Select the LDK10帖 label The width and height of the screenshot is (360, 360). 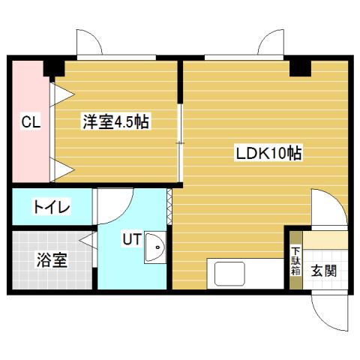[x=268, y=153]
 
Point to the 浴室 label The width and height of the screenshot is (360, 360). [x=52, y=261]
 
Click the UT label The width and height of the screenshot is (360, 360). [x=131, y=239]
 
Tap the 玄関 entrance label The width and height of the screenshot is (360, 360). [x=325, y=270]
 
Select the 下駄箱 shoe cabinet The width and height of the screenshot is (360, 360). [x=295, y=259]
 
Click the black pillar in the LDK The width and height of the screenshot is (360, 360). [x=301, y=67]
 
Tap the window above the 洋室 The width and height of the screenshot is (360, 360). [x=116, y=57]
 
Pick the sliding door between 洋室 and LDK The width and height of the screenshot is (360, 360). [x=180, y=142]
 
